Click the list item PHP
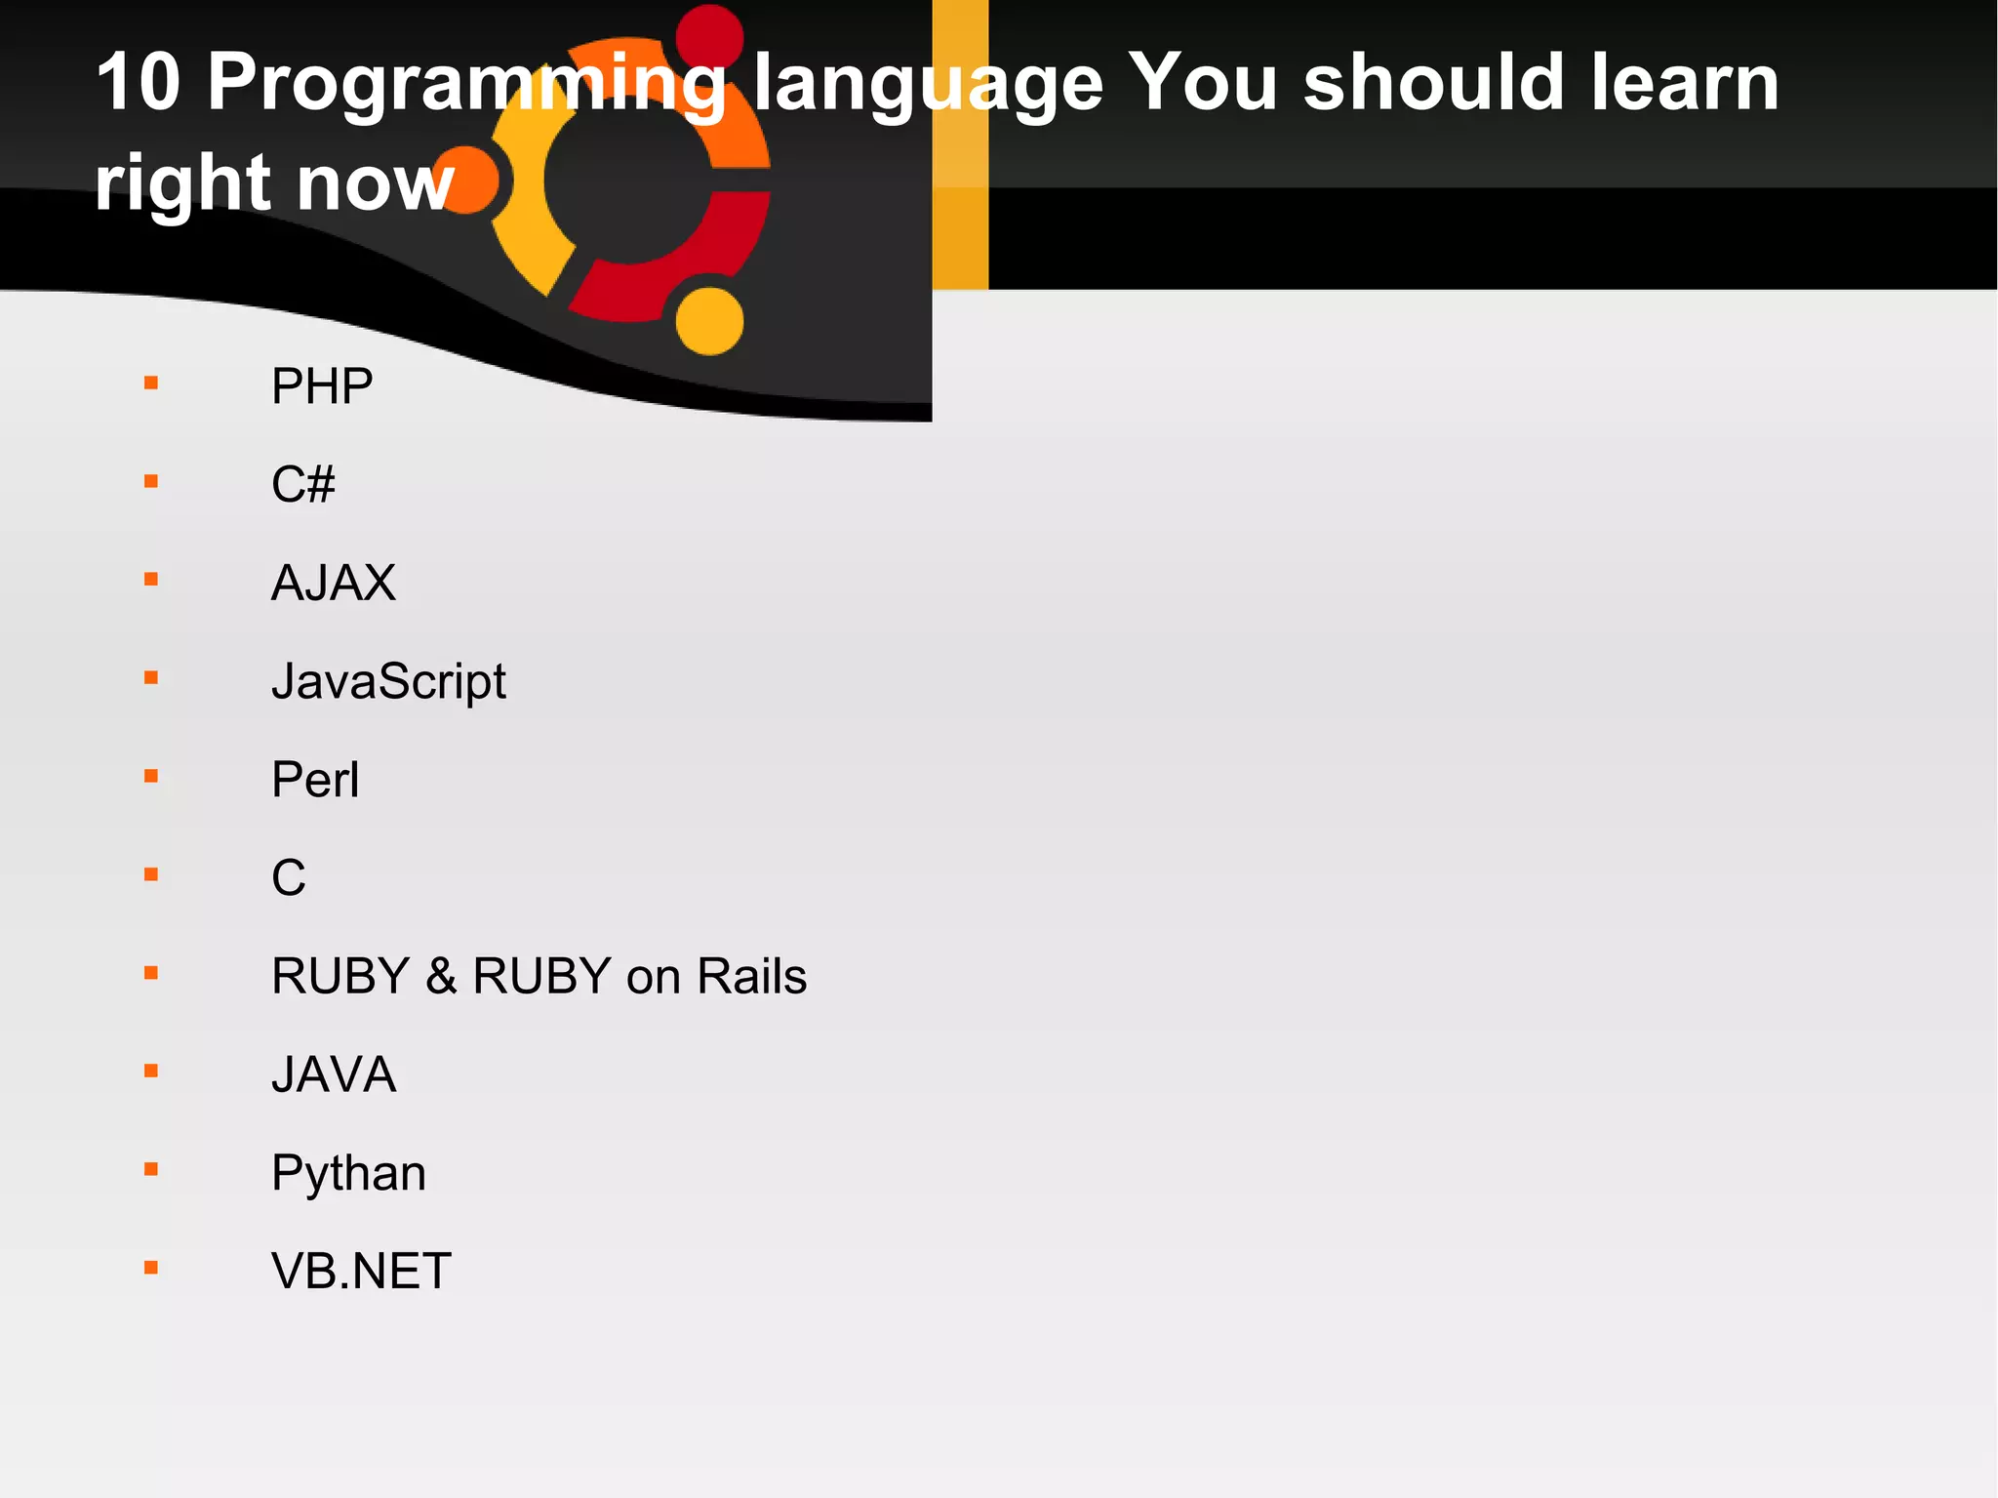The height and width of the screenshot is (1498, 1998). (322, 386)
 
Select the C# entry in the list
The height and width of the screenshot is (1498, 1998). (302, 484)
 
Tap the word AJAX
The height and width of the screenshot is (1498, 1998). (334, 583)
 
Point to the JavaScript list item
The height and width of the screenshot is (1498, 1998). (388, 681)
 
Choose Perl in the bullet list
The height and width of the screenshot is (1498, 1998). (315, 780)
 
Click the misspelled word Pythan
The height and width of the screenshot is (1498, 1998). (348, 1173)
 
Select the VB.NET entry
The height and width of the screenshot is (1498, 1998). (361, 1272)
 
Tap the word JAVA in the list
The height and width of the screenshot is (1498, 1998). (334, 1074)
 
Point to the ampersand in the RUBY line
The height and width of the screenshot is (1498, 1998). (441, 976)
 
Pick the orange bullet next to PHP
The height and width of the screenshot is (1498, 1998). (151, 384)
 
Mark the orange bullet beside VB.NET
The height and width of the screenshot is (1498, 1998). (151, 1269)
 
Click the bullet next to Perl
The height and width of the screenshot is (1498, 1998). (151, 777)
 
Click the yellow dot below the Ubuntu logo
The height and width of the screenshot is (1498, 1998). (709, 320)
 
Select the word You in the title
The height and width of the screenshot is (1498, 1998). (1201, 82)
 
